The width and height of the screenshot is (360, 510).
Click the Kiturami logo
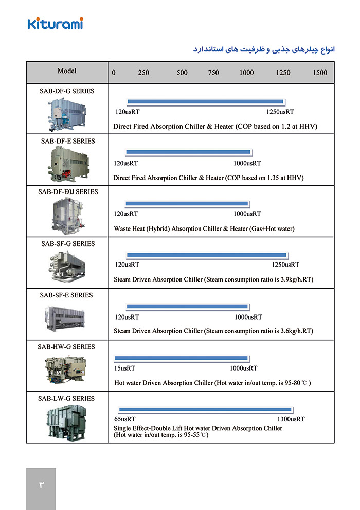(x=55, y=23)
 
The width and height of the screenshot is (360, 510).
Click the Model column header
(x=67, y=71)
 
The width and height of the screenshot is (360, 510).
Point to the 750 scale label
(x=213, y=73)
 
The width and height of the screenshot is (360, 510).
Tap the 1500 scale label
(x=320, y=73)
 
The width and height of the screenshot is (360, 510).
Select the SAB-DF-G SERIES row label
(x=67, y=91)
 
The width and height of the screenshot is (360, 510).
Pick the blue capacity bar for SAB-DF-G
(x=205, y=101)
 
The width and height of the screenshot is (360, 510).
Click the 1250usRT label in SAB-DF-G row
(x=280, y=112)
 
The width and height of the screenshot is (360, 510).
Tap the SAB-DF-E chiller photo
(x=67, y=163)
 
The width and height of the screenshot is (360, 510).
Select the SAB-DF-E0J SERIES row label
(x=67, y=191)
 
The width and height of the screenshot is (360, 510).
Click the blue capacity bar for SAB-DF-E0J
(x=187, y=203)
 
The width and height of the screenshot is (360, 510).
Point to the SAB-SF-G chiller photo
(x=67, y=266)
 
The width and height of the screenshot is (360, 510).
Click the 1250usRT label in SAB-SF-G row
(x=285, y=265)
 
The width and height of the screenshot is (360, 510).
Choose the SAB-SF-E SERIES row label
(x=67, y=295)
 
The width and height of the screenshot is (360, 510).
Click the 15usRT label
(x=124, y=368)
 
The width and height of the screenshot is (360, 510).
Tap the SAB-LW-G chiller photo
(x=67, y=420)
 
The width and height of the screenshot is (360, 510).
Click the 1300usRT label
(x=291, y=419)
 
